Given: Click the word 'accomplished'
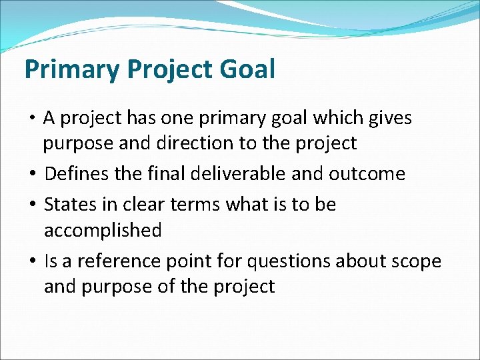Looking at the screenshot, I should pyautogui.click(x=103, y=230).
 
